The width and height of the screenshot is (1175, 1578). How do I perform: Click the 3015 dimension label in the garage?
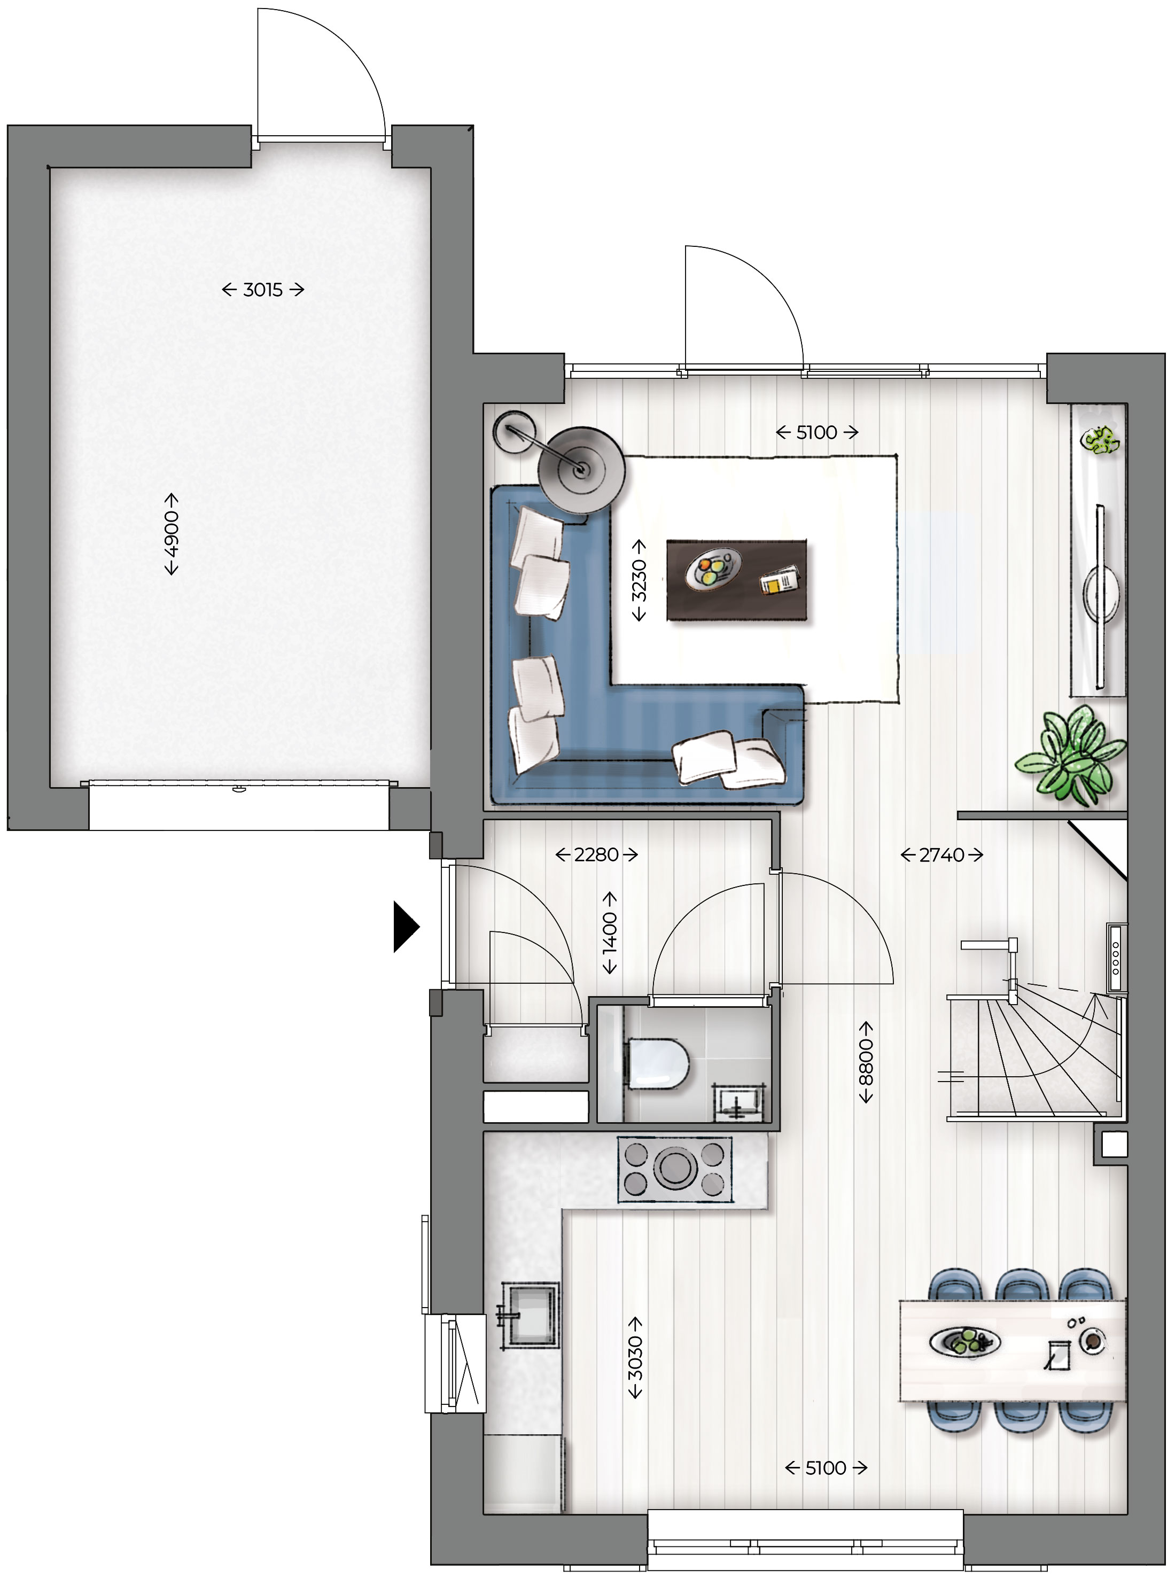tap(262, 290)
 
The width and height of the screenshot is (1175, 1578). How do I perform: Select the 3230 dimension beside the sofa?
tap(639, 580)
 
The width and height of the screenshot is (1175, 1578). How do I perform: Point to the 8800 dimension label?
tap(866, 1062)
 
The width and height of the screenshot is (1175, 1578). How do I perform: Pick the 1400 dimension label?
tap(610, 933)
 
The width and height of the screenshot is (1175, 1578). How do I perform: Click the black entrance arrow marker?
tap(406, 927)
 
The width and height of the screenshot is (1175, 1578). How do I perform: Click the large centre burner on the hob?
tap(675, 1168)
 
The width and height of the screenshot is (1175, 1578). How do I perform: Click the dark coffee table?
tap(736, 580)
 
